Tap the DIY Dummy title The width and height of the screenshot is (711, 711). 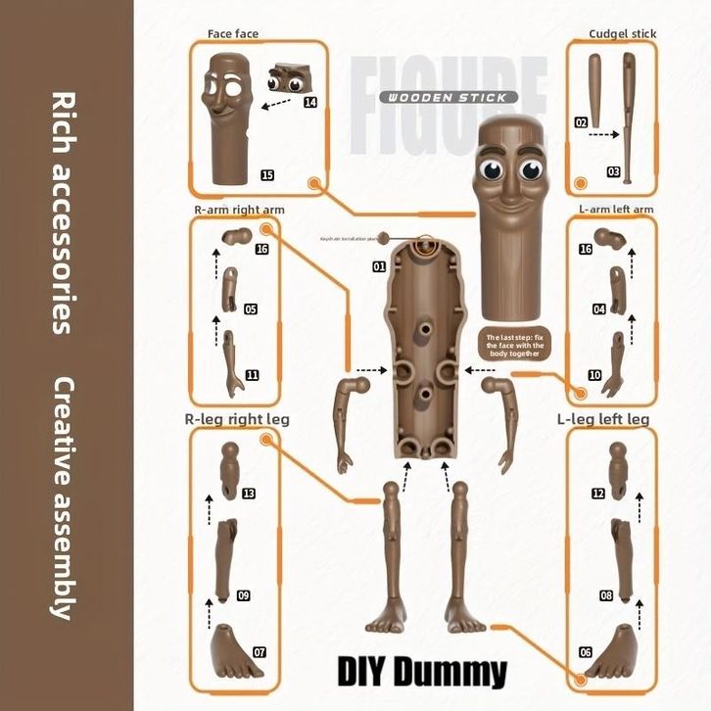click(423, 672)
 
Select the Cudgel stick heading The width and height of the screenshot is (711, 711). click(622, 33)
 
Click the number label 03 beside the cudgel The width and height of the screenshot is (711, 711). click(614, 171)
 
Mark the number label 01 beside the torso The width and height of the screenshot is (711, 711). click(379, 265)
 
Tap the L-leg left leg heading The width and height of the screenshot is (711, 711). click(602, 419)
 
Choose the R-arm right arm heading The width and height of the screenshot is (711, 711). click(240, 210)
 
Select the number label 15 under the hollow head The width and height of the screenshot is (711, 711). click(266, 175)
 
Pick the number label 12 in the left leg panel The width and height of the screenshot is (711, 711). click(597, 493)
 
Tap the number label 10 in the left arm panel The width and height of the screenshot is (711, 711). click(594, 374)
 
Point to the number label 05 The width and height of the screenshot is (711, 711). click(251, 308)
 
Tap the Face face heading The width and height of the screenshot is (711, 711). click(233, 33)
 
